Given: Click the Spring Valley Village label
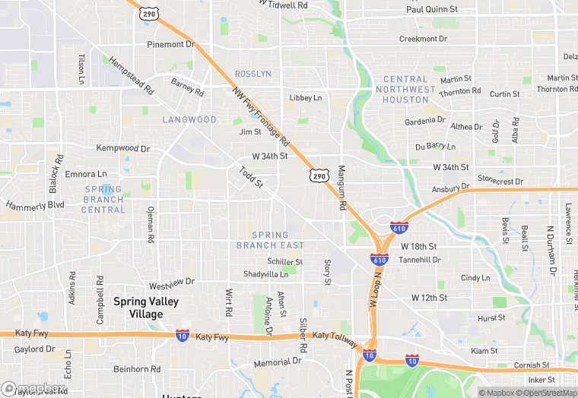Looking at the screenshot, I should tap(146, 308).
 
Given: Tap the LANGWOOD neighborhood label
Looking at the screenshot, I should tap(189, 120).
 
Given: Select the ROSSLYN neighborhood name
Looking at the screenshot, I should tap(253, 74).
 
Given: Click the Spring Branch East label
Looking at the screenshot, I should tap(270, 240).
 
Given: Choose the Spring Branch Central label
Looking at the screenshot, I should tap(103, 199).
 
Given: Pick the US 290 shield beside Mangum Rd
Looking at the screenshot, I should tap(319, 175).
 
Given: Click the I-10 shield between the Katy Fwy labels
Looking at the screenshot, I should tap(182, 336).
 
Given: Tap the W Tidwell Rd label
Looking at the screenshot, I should tap(283, 5).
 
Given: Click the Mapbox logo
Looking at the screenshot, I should tap(33, 388).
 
